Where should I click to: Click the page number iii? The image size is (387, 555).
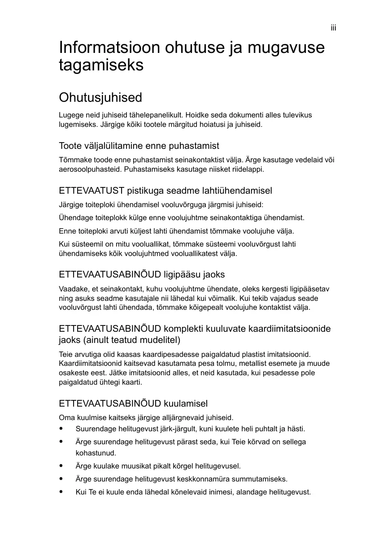pos(333,28)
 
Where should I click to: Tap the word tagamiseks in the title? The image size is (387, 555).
pos(101,65)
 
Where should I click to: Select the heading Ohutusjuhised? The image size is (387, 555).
pos(100,97)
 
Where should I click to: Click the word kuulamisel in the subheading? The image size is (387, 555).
pos(185,403)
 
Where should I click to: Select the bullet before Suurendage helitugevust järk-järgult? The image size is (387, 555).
pos(61,429)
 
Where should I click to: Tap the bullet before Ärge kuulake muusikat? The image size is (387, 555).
pos(61,466)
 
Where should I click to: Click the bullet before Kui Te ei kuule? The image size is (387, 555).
pos(61,492)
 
